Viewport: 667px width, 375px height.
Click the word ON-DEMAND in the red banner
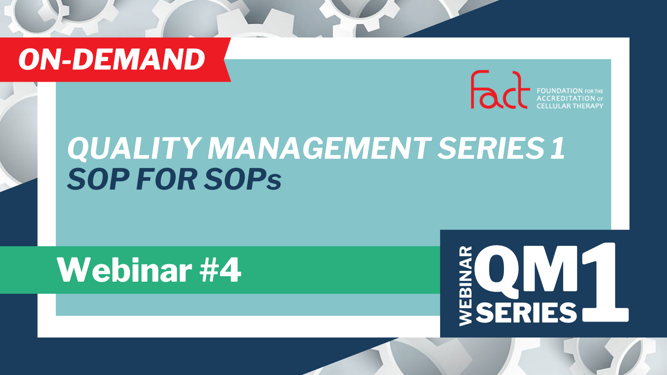(112, 60)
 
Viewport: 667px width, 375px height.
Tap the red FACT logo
(500, 90)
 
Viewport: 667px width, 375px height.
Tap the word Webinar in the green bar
(125, 270)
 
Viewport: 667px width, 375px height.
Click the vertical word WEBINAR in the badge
(466, 286)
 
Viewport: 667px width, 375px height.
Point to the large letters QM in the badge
(526, 272)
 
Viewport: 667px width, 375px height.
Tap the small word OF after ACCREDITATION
(600, 99)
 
